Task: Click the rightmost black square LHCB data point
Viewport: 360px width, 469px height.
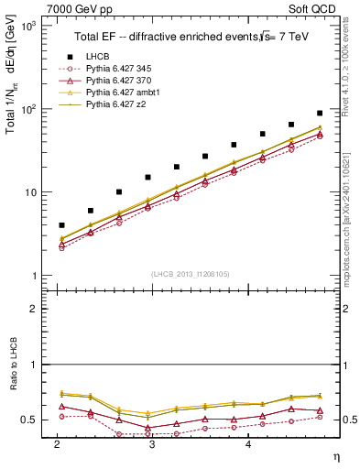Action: [320, 114]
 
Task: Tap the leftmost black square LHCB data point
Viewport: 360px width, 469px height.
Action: [61, 225]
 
